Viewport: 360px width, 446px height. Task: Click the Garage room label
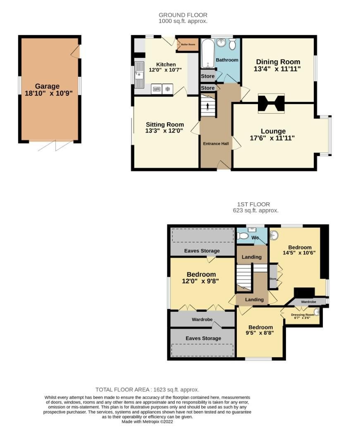[x=47, y=86]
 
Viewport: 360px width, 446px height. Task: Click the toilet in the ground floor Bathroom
[x=232, y=44]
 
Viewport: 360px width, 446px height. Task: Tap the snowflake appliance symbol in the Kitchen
[x=168, y=89]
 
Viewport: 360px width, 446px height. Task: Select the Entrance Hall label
[x=215, y=143]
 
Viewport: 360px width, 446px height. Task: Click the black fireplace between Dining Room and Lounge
[x=271, y=104]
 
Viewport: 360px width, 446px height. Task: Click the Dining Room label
[x=277, y=62]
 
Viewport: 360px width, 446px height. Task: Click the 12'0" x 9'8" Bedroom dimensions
[x=201, y=281]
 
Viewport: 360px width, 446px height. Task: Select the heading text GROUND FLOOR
[x=183, y=15]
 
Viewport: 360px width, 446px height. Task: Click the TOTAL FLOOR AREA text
[x=147, y=389]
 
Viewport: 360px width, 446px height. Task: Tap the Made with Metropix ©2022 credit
[x=147, y=422]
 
